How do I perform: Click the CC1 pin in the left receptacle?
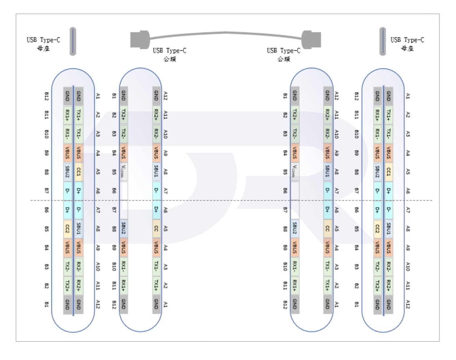[79, 172]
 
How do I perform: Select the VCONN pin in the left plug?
[123, 171]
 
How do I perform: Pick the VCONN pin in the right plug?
[295, 171]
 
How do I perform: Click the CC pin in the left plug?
[156, 229]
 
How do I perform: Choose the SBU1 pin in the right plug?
[328, 171]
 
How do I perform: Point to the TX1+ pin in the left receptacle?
[79, 115]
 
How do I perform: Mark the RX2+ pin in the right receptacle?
[389, 286]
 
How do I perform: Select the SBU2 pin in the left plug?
[123, 229]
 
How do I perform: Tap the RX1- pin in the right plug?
[295, 266]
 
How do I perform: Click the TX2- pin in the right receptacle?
[377, 267]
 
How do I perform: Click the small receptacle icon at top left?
[73, 41]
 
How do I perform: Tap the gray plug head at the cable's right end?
[311, 40]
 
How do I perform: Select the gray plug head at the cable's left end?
[140, 40]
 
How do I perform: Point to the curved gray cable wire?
[226, 33]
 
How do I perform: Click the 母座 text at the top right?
[407, 48]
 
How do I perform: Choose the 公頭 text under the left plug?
[169, 59]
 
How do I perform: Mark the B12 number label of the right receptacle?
[356, 96]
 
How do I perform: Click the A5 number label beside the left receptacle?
[98, 172]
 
